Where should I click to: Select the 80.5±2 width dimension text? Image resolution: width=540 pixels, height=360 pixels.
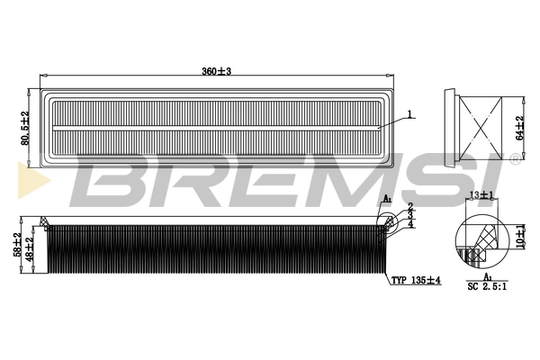[26, 127]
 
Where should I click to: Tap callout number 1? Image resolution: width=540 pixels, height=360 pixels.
[409, 114]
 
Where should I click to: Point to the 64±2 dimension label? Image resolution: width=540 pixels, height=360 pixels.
[519, 126]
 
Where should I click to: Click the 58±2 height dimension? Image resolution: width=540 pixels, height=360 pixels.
[16, 245]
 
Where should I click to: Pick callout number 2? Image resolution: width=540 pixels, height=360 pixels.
[409, 207]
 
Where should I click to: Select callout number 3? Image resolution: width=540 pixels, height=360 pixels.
[409, 215]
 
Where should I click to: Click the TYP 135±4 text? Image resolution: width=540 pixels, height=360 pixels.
[415, 281]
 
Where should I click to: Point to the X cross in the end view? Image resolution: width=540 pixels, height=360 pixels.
[487, 126]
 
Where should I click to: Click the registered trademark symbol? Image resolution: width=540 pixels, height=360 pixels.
[514, 159]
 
